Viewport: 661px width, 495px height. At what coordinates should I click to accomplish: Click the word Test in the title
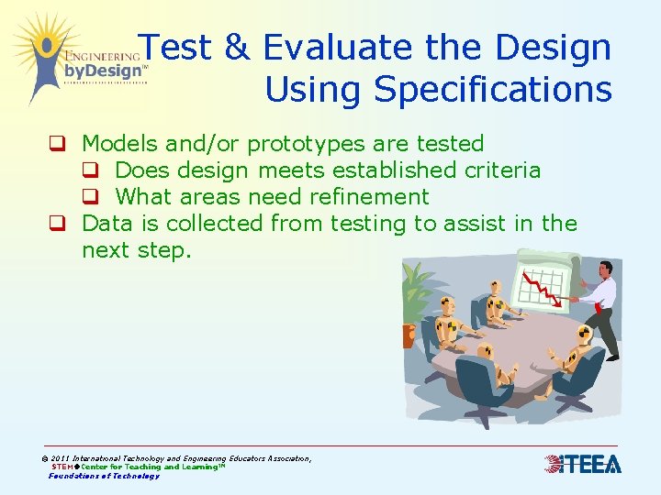coord(180,48)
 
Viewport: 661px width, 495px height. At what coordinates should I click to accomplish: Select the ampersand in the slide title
coord(237,48)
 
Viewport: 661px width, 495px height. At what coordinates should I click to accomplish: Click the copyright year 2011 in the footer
coord(62,458)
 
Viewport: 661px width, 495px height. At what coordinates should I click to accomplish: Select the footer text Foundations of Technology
coord(104,476)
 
